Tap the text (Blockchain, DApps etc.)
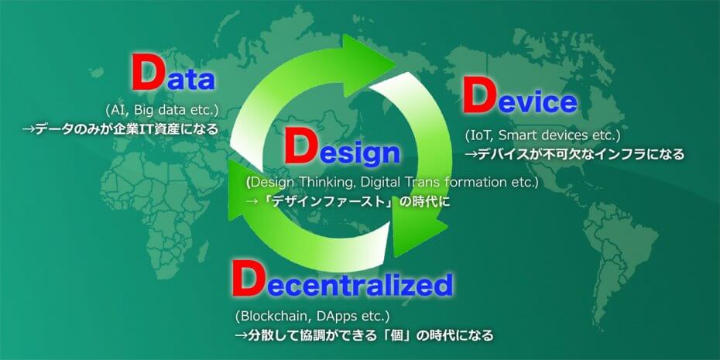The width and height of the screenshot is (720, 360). pyautogui.click(x=312, y=316)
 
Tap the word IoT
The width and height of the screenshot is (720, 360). pyautogui.click(x=480, y=135)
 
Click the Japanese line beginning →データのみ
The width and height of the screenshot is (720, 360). pyautogui.click(x=119, y=128)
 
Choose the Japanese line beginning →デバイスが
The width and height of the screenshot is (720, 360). pyautogui.click(x=574, y=154)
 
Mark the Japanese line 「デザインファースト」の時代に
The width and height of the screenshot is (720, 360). pyautogui.click(x=347, y=201)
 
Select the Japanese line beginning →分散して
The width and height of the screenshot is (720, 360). pyautogui.click(x=363, y=335)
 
